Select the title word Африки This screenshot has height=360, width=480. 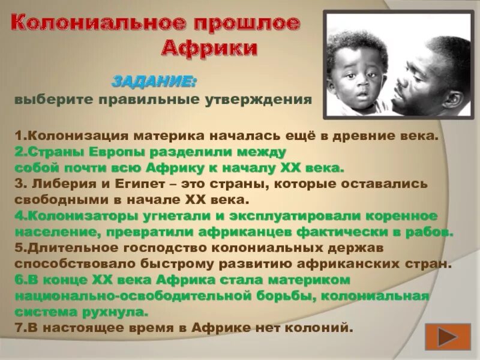[211, 47]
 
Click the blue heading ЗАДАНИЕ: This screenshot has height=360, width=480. [155, 80]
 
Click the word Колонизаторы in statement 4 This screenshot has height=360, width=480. [71, 215]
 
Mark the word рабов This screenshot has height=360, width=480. [428, 232]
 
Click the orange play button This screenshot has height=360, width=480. [448, 336]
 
